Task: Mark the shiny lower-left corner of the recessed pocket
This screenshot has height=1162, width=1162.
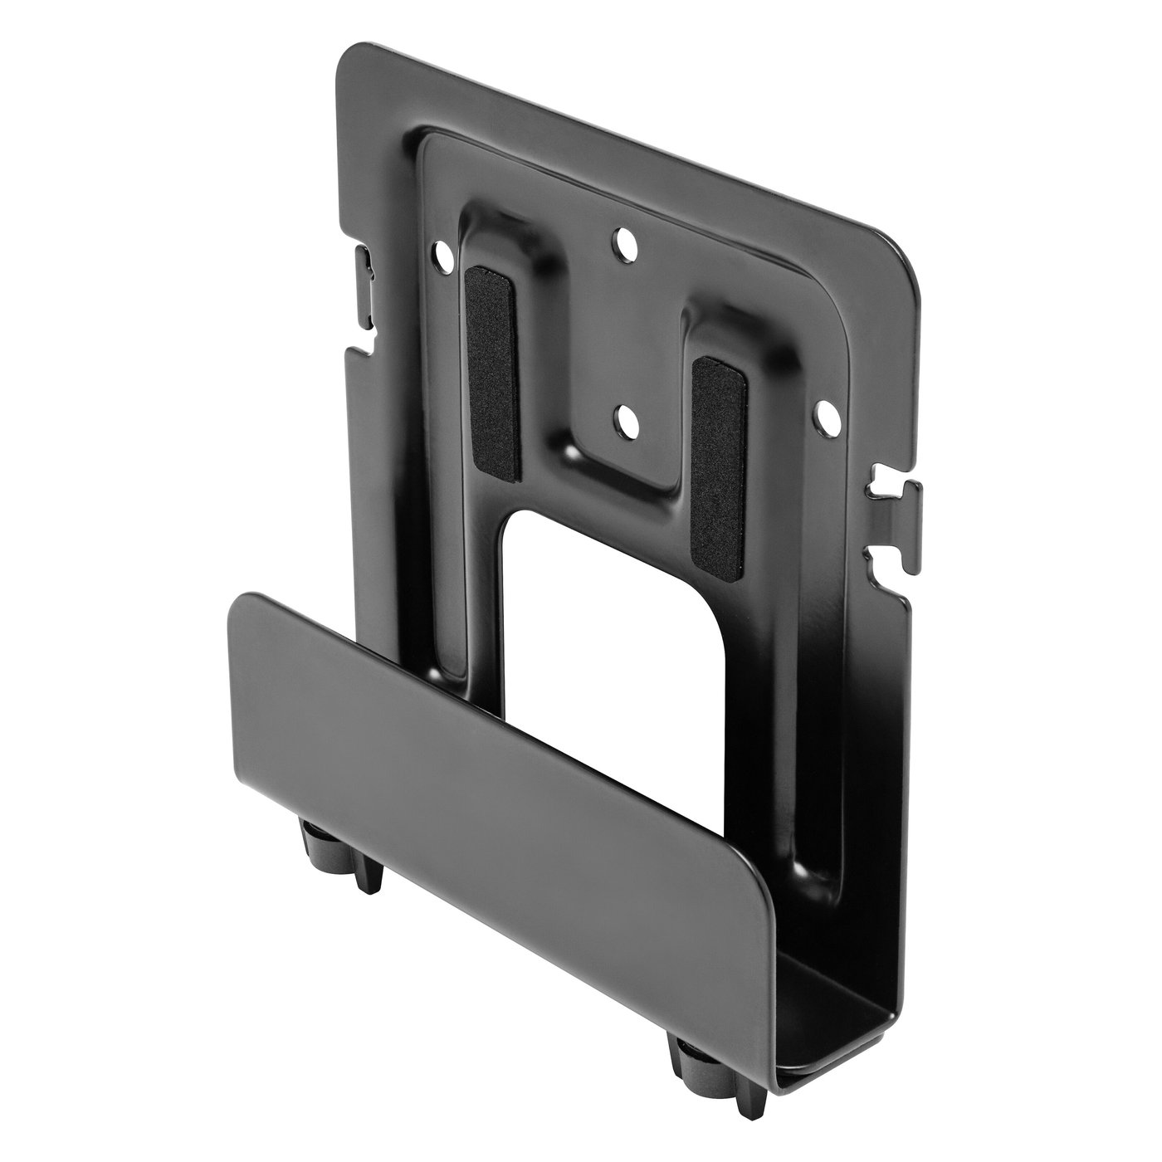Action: pyautogui.click(x=571, y=452)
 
